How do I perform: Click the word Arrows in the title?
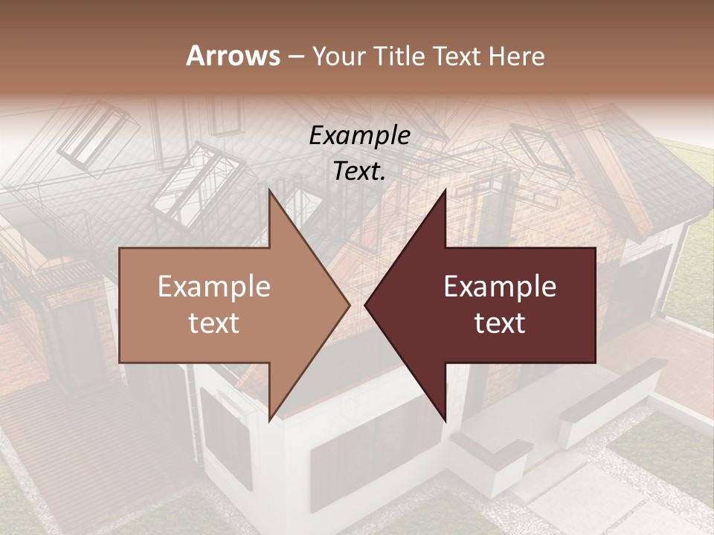click(x=232, y=56)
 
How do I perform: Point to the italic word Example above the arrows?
click(x=359, y=136)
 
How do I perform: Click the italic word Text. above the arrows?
click(x=359, y=171)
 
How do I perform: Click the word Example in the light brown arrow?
click(x=213, y=287)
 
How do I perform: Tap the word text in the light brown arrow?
click(x=213, y=323)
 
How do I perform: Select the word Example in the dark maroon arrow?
click(x=500, y=287)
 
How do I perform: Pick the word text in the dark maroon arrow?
click(x=500, y=323)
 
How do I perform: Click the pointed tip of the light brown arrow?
click(x=349, y=305)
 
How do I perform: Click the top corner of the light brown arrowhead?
click(x=270, y=190)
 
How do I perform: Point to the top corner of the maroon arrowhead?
click(x=445, y=190)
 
